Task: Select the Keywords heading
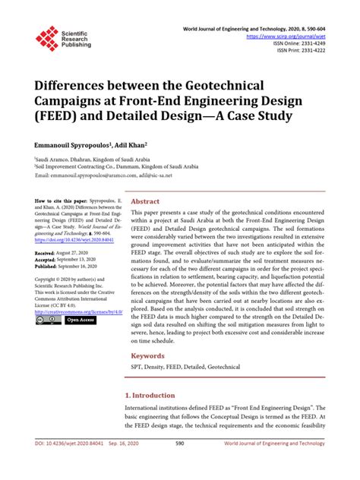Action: click(149, 355)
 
